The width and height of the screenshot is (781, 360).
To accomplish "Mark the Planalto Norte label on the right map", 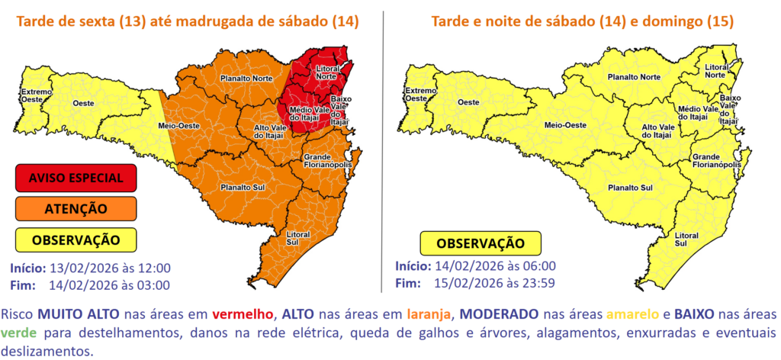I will (633, 77).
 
